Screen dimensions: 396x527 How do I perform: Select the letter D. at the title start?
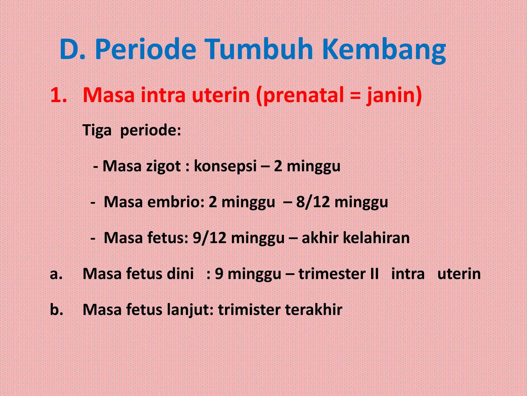(x=72, y=49)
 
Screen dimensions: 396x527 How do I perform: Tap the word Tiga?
(x=97, y=130)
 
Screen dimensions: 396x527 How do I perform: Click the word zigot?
(x=163, y=166)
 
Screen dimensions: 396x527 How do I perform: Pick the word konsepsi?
(x=225, y=166)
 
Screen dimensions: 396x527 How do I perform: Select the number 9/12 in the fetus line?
(x=209, y=238)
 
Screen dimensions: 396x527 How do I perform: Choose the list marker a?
(x=56, y=274)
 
